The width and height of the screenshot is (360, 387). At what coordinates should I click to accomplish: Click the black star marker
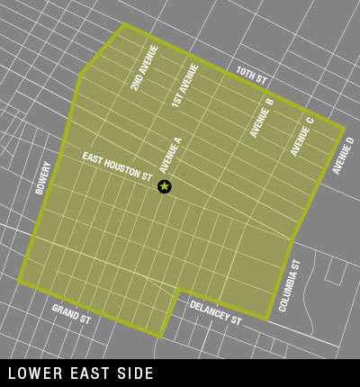(164, 186)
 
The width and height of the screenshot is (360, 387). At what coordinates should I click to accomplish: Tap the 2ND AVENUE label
(144, 67)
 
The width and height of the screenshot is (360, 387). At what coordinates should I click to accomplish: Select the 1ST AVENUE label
(184, 85)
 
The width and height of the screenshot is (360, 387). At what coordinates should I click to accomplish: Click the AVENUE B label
(262, 118)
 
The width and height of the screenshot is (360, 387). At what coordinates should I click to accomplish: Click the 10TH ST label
(251, 76)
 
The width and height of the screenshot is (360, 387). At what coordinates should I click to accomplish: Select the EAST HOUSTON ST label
(117, 167)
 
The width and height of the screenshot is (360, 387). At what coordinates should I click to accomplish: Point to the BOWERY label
(42, 178)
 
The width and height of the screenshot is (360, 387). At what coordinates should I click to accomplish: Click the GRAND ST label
(71, 314)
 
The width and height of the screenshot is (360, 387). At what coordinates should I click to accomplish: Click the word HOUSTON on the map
(121, 169)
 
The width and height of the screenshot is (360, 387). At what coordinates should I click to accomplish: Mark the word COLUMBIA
(287, 289)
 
